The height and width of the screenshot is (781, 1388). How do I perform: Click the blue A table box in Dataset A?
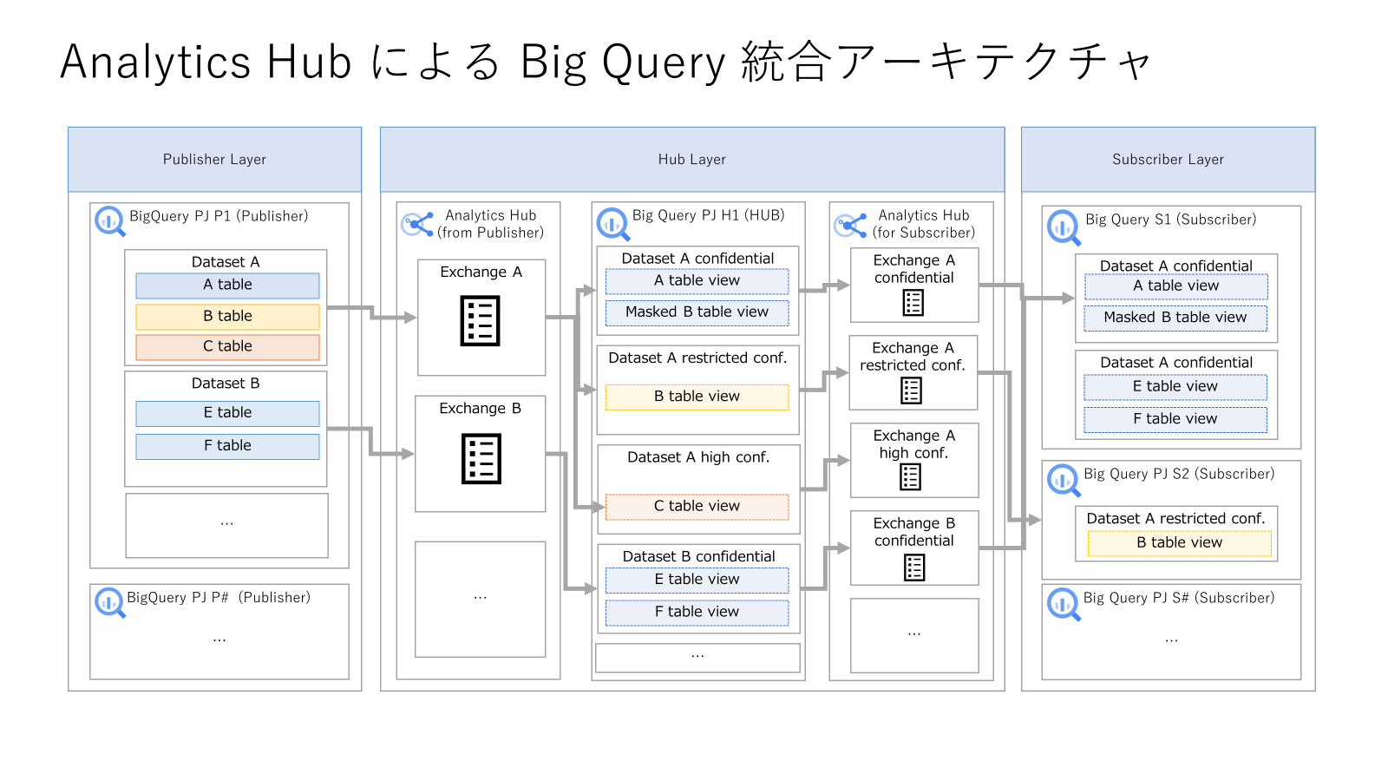pos(227,285)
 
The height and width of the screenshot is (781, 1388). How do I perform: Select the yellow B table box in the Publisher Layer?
pos(227,317)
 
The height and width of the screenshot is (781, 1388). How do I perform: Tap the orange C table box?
pos(227,347)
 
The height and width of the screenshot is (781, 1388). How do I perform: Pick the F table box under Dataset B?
pos(227,446)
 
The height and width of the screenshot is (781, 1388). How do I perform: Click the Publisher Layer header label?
pos(214,160)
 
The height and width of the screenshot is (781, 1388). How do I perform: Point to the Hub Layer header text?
pos(691,160)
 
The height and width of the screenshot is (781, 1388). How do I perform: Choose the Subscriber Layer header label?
pos(1168,160)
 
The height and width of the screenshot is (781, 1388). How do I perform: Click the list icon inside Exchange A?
pos(481,321)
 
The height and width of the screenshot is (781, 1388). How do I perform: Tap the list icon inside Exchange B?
pos(481,459)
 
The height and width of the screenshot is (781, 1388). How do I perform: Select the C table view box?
pos(697,507)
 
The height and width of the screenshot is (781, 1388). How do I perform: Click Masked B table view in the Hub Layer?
pos(697,312)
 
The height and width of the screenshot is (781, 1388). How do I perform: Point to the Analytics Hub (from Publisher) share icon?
pos(417,225)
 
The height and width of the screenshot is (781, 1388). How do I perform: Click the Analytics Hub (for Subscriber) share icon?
pos(850,226)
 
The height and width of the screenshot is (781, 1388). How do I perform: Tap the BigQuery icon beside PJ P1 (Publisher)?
pos(110,221)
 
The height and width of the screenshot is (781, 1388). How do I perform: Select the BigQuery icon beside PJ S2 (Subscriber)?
pos(1064,479)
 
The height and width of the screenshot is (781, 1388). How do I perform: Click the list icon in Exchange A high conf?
pos(910,476)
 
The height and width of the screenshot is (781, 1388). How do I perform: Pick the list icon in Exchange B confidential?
pos(914,568)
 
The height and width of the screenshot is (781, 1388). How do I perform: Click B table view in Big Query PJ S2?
pos(1179,543)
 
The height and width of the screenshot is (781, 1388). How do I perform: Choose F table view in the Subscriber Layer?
pos(1175,420)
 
